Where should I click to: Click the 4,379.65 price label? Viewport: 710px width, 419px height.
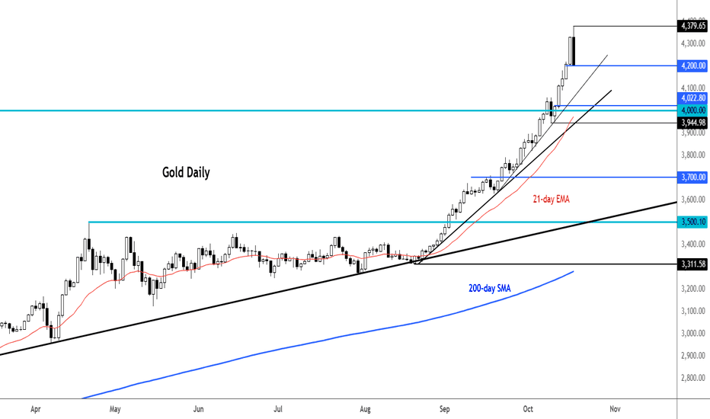(x=692, y=26)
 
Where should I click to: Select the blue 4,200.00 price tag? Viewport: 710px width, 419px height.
(x=692, y=66)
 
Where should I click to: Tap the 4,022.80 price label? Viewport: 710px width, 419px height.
(x=692, y=99)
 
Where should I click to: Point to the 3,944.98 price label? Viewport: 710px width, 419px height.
(x=692, y=122)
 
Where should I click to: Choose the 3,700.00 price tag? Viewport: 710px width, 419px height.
(x=692, y=177)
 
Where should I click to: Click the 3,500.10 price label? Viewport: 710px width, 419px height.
(x=692, y=222)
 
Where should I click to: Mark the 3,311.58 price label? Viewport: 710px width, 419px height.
(x=692, y=264)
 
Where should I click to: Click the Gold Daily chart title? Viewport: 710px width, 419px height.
(x=186, y=173)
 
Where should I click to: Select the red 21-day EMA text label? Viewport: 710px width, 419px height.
(x=550, y=199)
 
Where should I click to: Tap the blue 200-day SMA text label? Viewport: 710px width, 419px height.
(x=490, y=289)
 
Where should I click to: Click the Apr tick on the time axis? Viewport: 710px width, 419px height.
(x=35, y=408)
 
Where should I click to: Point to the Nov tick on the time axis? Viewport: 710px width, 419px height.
(x=614, y=408)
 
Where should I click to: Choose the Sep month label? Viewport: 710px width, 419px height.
(x=446, y=408)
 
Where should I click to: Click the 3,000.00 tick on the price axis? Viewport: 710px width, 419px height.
(x=692, y=333)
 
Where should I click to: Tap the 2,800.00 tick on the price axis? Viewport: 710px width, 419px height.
(x=692, y=377)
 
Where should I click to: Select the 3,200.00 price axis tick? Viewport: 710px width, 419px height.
(x=692, y=289)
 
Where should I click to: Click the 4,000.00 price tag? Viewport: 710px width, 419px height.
(x=692, y=110)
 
